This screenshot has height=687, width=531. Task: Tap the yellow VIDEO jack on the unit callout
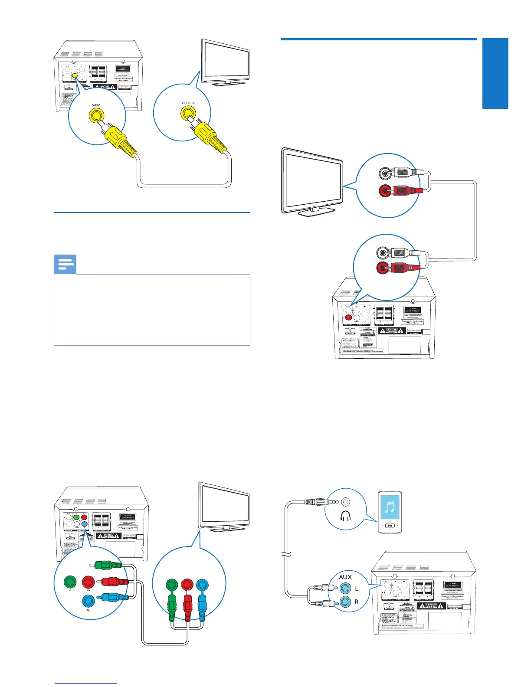point(96,115)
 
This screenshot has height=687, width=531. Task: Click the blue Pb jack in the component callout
point(88,601)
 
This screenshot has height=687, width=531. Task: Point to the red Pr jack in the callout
point(88,582)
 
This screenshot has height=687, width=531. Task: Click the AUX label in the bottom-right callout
point(345,577)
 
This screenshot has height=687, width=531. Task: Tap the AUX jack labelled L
point(345,589)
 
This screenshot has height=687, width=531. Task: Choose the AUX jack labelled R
point(345,602)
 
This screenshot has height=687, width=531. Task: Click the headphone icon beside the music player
point(346,516)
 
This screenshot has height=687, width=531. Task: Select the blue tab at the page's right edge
point(495,73)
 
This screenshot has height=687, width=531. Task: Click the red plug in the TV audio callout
point(406,190)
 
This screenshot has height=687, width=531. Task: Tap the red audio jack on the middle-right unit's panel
point(348,317)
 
